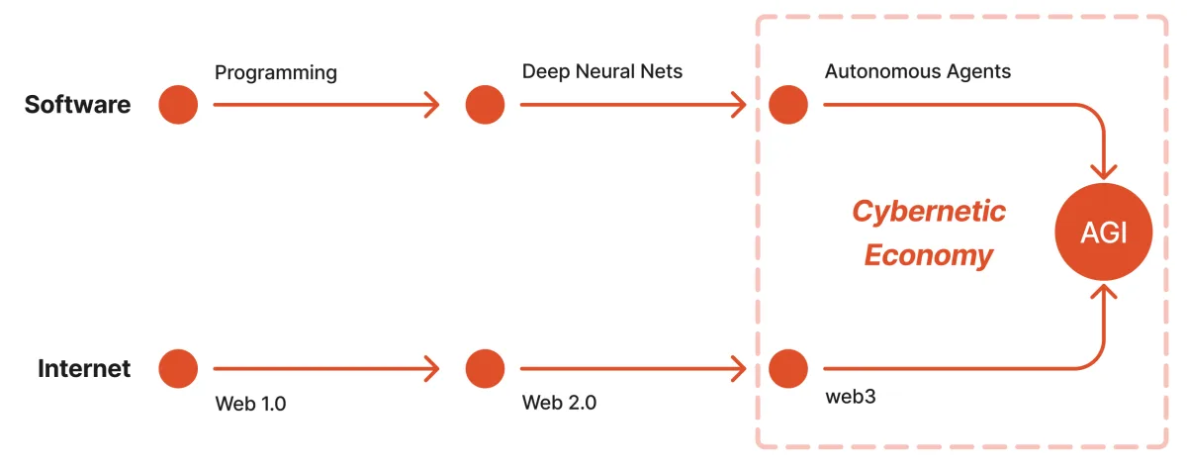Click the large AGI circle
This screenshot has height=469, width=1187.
pos(1103,232)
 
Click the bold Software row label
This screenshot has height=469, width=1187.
pos(77,105)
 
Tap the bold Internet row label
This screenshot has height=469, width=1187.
pos(84,368)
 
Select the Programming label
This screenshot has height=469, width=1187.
pos(276,73)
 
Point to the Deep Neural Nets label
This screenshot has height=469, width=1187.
pos(602,71)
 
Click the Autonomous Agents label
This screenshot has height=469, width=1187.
pos(918,71)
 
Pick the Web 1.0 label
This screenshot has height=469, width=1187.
pos(250,404)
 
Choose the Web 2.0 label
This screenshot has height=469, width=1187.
pos(559,403)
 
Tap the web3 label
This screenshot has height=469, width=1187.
pos(851,397)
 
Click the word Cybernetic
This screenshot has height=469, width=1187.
pos(929,211)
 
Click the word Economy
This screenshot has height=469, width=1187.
pos(929,256)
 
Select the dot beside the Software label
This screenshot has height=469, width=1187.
pos(178,105)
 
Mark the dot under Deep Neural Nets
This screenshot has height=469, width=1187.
pos(485,105)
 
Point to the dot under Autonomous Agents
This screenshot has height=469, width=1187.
pos(788,105)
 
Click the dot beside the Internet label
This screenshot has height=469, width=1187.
pos(178,368)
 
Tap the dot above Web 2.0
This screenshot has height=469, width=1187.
pos(485,368)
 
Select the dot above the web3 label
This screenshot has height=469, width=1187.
pos(788,368)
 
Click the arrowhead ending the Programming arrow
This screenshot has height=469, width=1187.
pos(432,105)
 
